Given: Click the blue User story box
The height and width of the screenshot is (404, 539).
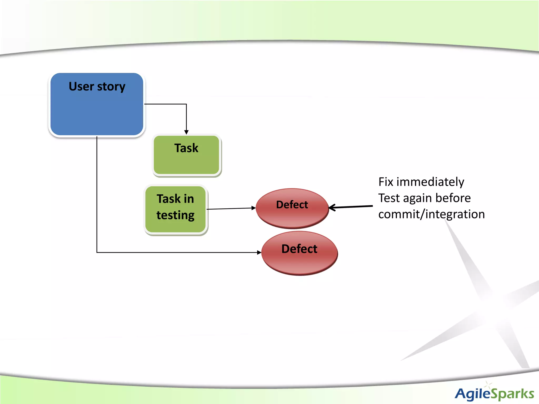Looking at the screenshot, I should (97, 110).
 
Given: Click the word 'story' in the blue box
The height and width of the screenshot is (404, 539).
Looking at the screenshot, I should (111, 87).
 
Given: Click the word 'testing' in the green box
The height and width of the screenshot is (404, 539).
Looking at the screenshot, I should (175, 215).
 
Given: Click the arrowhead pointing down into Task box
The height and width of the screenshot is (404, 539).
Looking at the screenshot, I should (186, 132).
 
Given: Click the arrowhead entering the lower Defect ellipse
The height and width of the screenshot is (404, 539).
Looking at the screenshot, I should (259, 252).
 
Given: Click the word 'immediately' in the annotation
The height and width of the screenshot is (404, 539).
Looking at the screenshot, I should (430, 182).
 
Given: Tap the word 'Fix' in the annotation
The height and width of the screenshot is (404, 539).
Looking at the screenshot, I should (386, 182).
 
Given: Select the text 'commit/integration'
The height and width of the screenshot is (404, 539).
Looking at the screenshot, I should (431, 214).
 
